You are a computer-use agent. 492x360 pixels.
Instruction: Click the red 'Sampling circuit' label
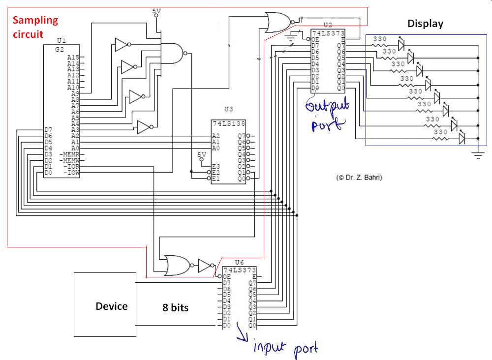pyautogui.click(x=35, y=27)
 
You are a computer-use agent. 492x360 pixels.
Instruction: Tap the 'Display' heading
pyautogui.click(x=425, y=24)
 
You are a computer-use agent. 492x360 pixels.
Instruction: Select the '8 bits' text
pyautogui.click(x=176, y=308)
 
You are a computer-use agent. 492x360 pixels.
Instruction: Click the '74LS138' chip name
pyautogui.click(x=229, y=123)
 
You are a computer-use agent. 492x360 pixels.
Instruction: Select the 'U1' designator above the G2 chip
pyautogui.click(x=61, y=40)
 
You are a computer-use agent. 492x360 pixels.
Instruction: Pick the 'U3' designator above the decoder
pyautogui.click(x=228, y=109)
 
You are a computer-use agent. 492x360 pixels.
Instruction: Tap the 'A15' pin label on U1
pyautogui.click(x=73, y=57)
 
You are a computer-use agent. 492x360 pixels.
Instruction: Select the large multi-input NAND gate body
pyautogui.click(x=172, y=53)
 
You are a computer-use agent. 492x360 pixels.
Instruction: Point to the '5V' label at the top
pyautogui.click(x=156, y=10)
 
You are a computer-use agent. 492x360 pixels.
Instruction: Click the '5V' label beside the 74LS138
pyautogui.click(x=201, y=154)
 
